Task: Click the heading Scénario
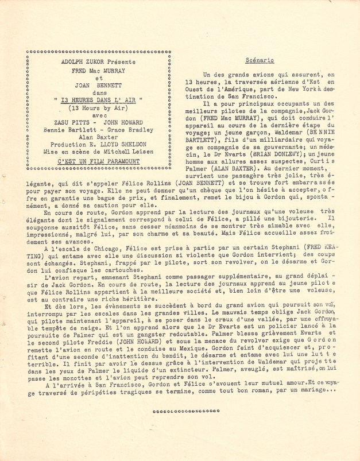coord(259,59)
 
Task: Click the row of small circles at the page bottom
coord(187,412)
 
